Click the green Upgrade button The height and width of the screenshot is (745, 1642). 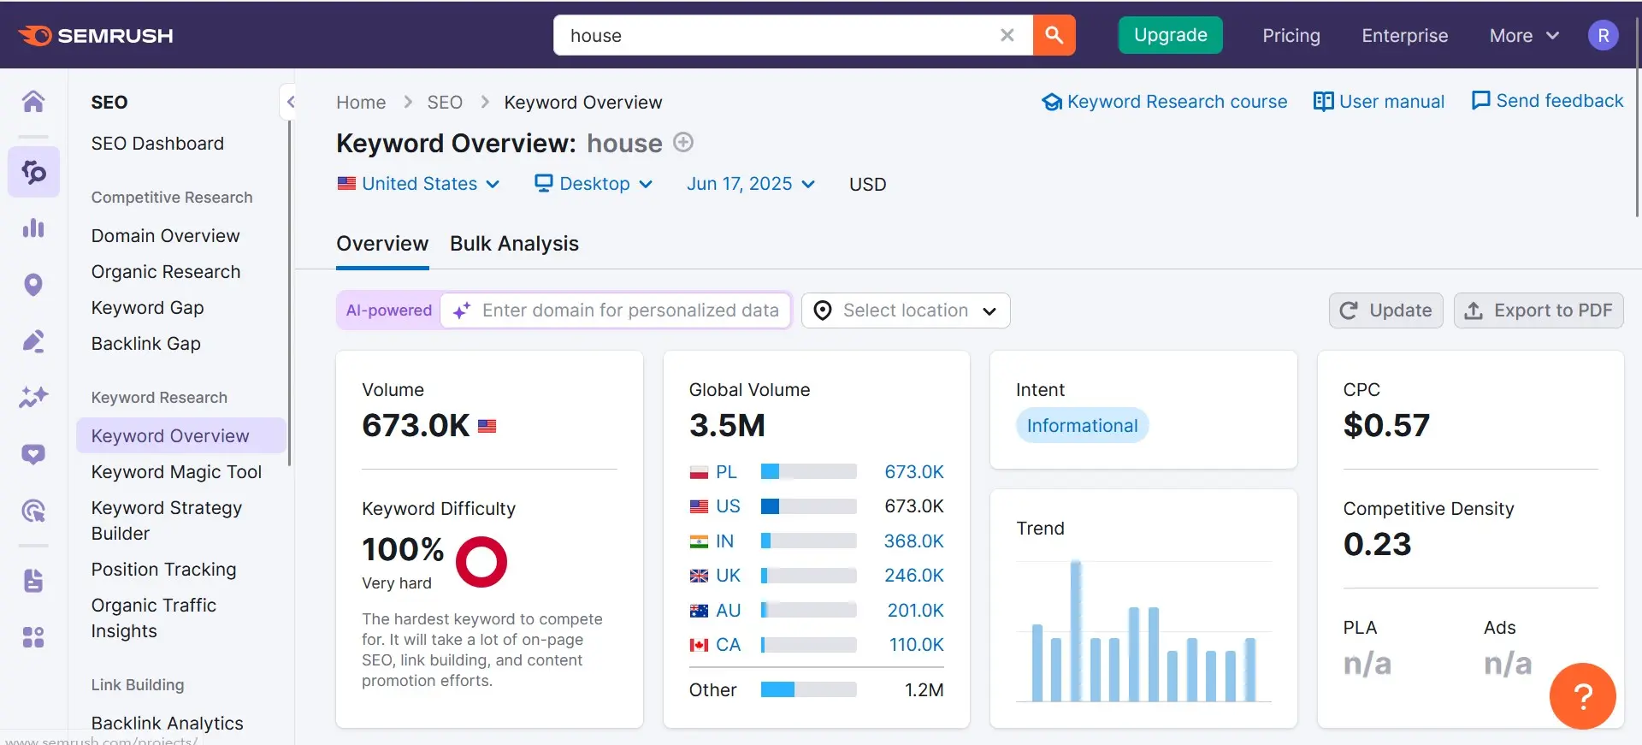point(1170,35)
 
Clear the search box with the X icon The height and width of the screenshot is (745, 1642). point(1007,35)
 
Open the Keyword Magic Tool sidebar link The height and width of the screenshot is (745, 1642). point(176,472)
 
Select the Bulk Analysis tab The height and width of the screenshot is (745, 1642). point(514,244)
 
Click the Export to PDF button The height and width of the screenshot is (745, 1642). point(1538,310)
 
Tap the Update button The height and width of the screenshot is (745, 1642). point(1385,310)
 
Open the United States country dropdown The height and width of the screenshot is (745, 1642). point(419,184)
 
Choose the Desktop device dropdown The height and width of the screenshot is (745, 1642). point(594,184)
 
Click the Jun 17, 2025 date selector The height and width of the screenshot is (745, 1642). point(750,184)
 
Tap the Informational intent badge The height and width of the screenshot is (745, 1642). point(1082,426)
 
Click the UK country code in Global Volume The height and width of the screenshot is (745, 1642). point(728,576)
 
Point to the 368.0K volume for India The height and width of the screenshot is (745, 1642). point(913,541)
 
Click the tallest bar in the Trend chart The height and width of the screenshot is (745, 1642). point(1076,631)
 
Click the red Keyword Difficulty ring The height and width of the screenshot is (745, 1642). point(481,562)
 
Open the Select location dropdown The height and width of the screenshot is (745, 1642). point(906,310)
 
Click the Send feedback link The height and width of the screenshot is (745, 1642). point(1547,101)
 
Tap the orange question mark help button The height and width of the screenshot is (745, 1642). point(1582,696)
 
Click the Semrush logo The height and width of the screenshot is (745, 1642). point(96,35)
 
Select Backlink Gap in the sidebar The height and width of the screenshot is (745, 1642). point(146,344)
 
